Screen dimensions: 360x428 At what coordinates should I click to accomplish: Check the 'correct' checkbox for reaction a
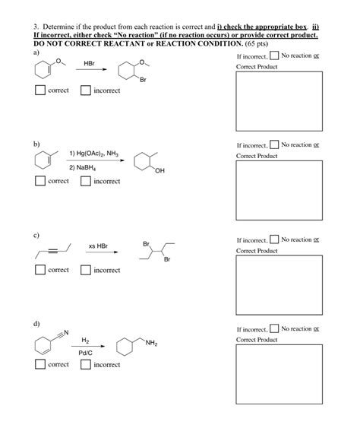click(40, 90)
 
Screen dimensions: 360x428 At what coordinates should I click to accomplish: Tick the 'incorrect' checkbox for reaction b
click(86, 181)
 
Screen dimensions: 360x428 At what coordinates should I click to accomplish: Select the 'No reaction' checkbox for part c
click(274, 240)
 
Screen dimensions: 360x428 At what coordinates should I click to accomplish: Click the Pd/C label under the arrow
click(85, 353)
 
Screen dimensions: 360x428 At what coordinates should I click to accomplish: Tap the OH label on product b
click(158, 170)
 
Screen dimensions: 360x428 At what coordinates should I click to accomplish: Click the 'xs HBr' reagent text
click(98, 246)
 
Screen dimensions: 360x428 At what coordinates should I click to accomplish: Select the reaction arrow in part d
click(87, 347)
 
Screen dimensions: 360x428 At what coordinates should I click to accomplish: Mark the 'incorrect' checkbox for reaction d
click(86, 365)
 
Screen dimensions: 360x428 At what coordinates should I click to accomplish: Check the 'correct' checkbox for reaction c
click(40, 270)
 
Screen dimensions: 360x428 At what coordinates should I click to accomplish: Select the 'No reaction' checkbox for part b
click(274, 145)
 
